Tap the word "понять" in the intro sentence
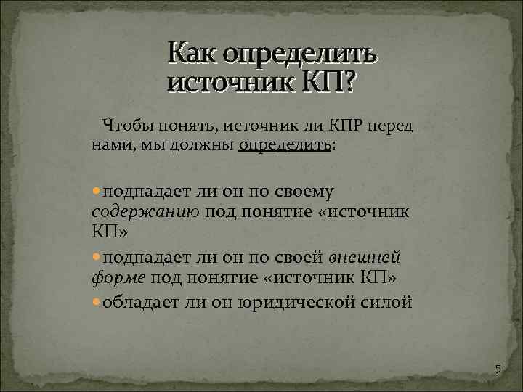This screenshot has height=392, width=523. [x=192, y=126]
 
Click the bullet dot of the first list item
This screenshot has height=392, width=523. [x=97, y=191]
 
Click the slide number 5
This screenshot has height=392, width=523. [x=498, y=370]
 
